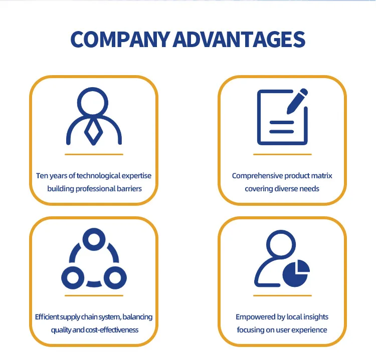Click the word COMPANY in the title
tap(120, 40)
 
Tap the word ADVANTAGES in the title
tap(239, 40)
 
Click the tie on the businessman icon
tap(94, 132)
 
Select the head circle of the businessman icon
tap(93, 103)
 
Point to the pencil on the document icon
tap(297, 101)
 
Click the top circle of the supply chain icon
tap(94, 239)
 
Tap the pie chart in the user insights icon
tap(296, 273)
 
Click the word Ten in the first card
tap(42, 176)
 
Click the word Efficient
tap(47, 317)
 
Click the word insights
tap(316, 317)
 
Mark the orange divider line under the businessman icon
tap(94, 155)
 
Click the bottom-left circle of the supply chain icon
tap(73, 278)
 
